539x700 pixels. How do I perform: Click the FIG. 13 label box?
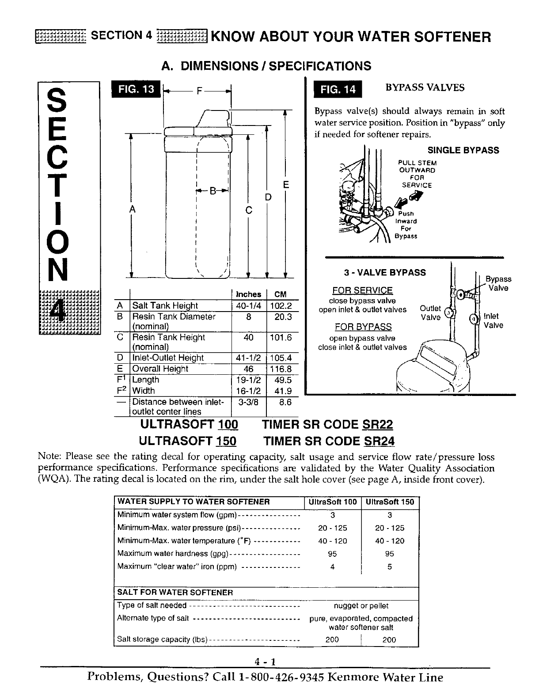137,89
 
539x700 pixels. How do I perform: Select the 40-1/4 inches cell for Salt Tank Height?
249,306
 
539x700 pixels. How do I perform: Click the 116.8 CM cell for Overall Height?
280,369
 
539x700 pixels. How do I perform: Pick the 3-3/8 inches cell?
249,402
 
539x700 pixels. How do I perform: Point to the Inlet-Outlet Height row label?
168,358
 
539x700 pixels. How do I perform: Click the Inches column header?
249,294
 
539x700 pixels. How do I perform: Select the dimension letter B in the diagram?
213,191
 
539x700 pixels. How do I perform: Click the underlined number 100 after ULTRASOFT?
228,425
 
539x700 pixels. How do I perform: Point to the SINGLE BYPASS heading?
463,150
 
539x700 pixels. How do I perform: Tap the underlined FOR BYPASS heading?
363,327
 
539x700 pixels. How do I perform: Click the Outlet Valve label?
430,313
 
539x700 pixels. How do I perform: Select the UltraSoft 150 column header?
390,502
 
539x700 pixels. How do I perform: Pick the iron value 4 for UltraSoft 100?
332,567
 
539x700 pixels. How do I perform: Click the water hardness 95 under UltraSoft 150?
389,554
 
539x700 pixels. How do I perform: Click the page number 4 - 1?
265,662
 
